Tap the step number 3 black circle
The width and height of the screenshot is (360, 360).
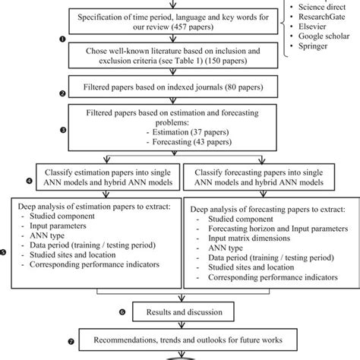tap(63, 129)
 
